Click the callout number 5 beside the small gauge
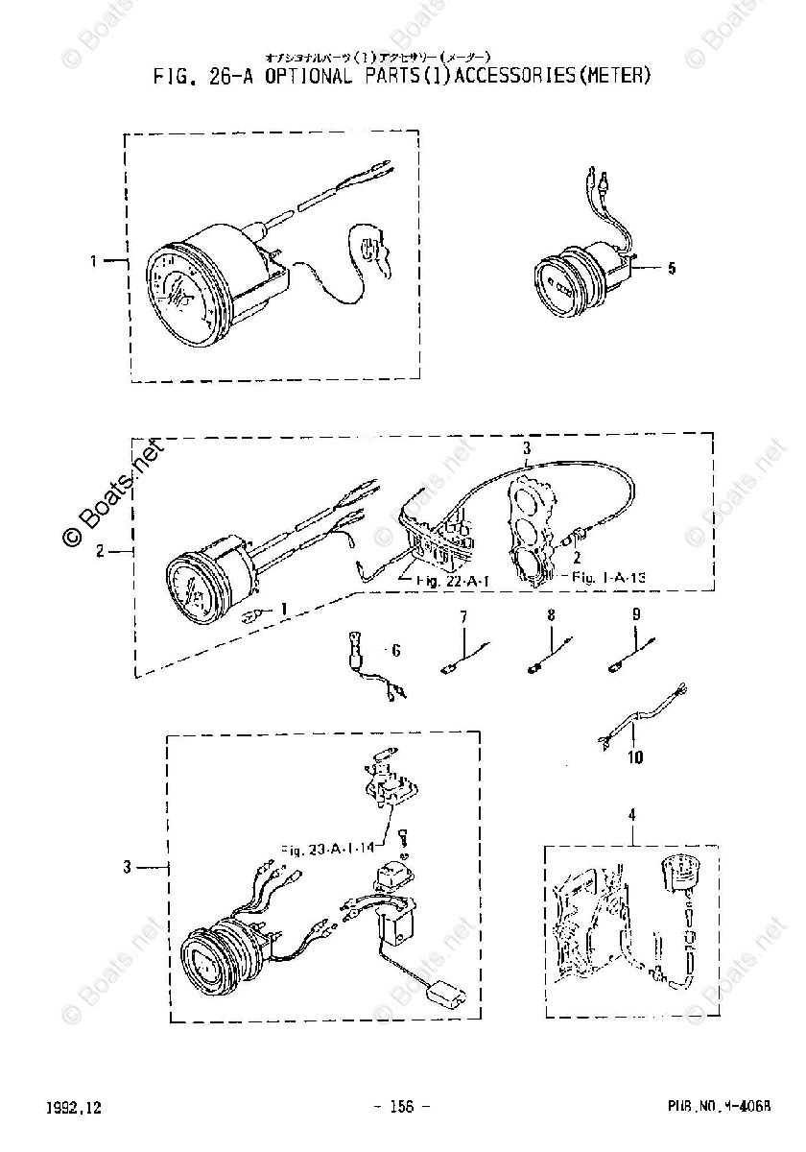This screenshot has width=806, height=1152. click(x=672, y=269)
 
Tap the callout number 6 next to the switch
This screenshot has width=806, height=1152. click(x=394, y=651)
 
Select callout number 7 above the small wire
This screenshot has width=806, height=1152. click(x=462, y=615)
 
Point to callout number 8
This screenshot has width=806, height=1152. click(x=551, y=615)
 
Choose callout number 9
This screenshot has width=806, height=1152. click(x=635, y=615)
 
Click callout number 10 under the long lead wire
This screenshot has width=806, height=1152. click(x=635, y=758)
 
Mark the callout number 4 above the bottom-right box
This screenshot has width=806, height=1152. click(x=631, y=816)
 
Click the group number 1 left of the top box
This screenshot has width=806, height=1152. click(x=94, y=260)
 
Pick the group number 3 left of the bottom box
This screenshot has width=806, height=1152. click(x=127, y=868)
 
